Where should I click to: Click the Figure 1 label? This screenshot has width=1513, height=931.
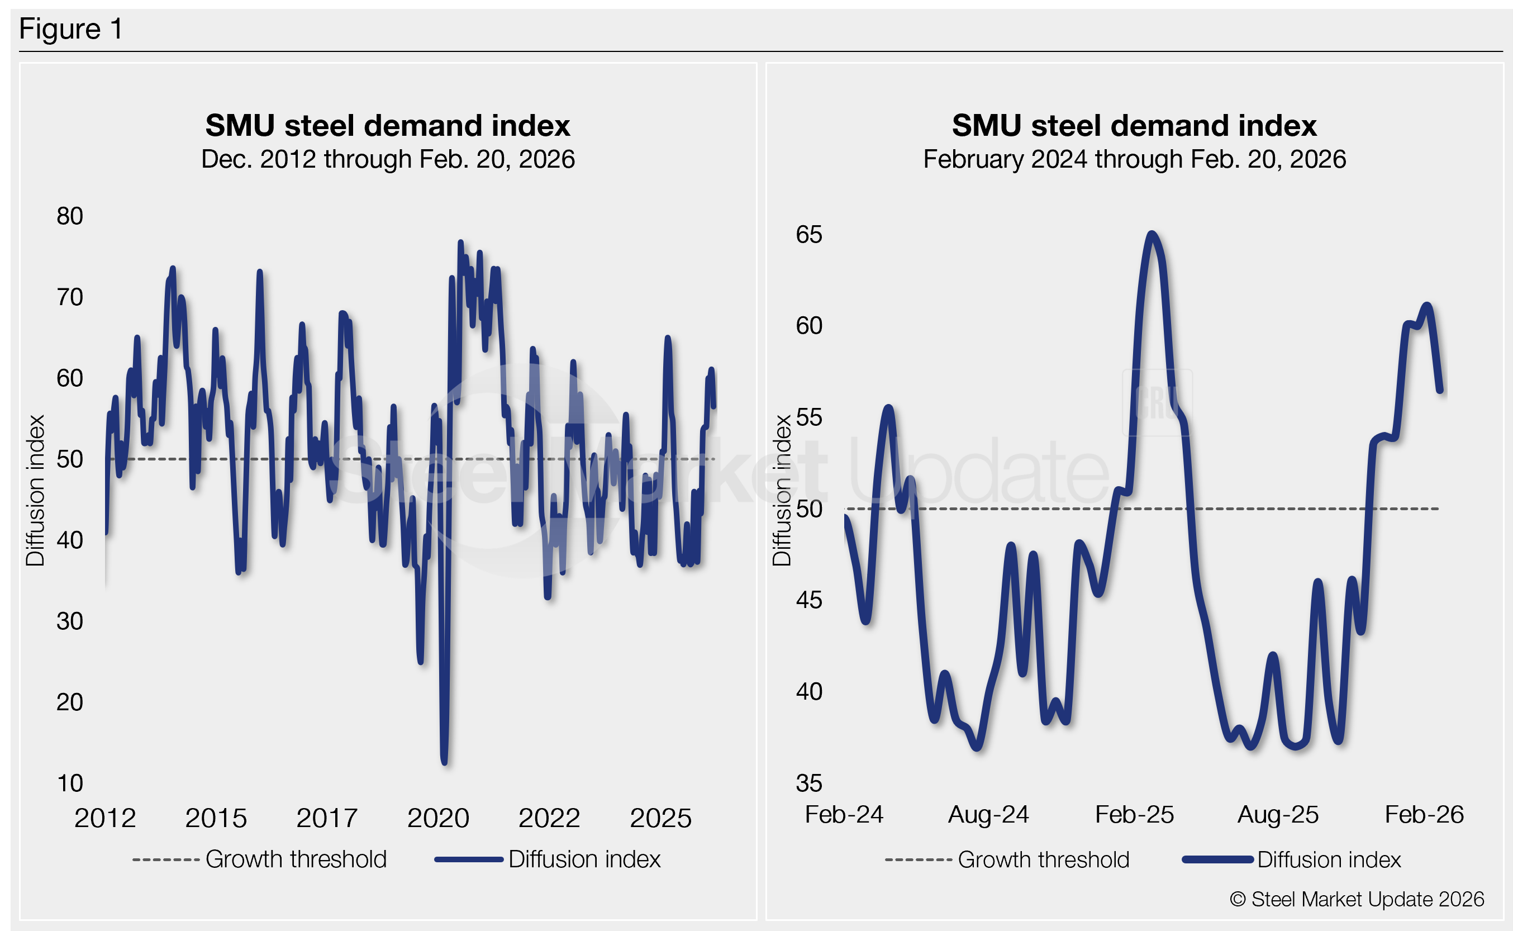[71, 29]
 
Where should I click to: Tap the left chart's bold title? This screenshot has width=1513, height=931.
[388, 126]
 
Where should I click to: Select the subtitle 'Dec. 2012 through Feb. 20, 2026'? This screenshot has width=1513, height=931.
[388, 159]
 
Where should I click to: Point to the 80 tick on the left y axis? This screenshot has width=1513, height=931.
[69, 216]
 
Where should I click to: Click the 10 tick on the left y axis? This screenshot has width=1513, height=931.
[69, 783]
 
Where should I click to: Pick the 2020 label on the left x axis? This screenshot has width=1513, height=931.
[438, 818]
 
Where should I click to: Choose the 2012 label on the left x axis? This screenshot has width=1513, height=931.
[105, 818]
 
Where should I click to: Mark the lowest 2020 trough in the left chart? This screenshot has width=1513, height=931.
[444, 762]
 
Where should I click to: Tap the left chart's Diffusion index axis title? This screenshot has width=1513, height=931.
[36, 491]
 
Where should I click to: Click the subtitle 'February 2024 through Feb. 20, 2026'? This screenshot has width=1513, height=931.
[1134, 159]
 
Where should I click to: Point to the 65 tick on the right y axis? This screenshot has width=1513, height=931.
[809, 235]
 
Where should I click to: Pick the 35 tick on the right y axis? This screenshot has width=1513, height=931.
[809, 783]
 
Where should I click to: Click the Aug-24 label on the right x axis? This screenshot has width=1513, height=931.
[988, 815]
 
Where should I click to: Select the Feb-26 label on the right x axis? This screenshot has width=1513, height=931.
[1424, 815]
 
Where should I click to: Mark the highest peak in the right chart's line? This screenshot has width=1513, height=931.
[1152, 234]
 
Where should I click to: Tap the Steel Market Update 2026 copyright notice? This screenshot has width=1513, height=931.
[1357, 900]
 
